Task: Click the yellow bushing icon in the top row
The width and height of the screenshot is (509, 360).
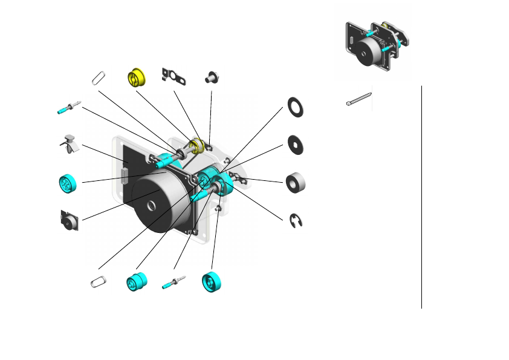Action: (137, 78)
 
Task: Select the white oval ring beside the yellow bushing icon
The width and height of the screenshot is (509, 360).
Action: (99, 77)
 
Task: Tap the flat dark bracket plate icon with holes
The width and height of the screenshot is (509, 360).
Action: (173, 76)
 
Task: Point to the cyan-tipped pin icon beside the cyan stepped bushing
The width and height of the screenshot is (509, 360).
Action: (173, 283)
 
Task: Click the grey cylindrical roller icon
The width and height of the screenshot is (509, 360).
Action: (296, 182)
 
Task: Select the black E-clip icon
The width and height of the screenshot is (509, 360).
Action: (296, 221)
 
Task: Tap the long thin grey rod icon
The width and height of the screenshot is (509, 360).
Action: (359, 99)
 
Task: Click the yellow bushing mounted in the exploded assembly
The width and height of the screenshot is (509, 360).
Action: (195, 145)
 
